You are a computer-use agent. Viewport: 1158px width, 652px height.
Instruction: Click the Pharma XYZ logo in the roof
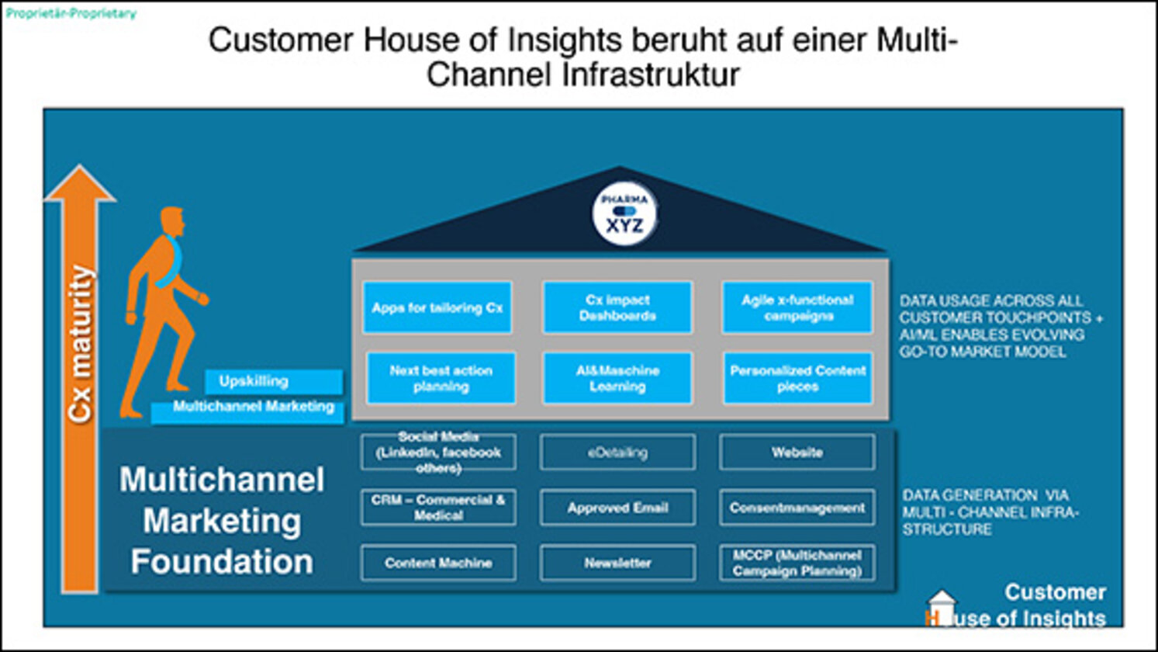(x=624, y=214)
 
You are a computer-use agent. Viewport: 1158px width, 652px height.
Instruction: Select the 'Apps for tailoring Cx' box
(x=437, y=308)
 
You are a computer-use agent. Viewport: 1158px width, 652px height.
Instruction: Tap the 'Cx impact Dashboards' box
(x=617, y=308)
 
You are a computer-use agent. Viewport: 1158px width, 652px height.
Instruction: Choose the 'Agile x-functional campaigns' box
(x=797, y=308)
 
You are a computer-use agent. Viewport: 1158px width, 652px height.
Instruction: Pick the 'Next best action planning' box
(x=441, y=379)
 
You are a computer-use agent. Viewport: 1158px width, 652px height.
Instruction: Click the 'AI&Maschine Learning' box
(x=617, y=379)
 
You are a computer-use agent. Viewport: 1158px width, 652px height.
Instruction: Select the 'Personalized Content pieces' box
(x=797, y=379)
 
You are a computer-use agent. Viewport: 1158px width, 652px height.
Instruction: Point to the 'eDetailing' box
(x=617, y=453)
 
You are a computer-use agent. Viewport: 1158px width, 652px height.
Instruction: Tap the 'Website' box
(x=797, y=453)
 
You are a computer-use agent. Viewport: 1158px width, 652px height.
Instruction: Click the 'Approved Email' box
(x=617, y=508)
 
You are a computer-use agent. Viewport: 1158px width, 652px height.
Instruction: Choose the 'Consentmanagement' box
(x=797, y=508)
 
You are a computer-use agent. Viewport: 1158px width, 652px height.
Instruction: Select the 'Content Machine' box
(x=438, y=563)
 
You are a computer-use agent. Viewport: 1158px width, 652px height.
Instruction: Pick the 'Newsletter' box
(x=617, y=563)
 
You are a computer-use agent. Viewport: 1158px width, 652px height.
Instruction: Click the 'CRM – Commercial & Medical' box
(x=438, y=508)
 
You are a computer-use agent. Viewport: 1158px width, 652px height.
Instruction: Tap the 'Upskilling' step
(x=273, y=381)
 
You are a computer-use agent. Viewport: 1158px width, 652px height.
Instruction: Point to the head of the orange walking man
(x=172, y=222)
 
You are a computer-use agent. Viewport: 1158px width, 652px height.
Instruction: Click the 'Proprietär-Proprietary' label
(x=71, y=13)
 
